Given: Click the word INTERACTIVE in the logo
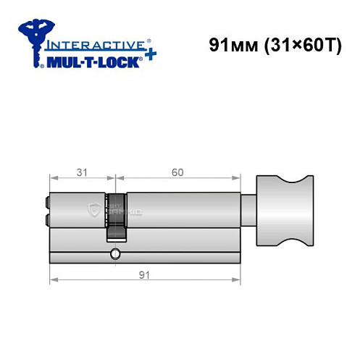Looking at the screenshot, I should click(x=93, y=44).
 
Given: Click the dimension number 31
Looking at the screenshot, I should click(x=81, y=172).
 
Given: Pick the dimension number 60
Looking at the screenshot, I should click(x=177, y=172).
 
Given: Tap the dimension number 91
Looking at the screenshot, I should click(x=145, y=274).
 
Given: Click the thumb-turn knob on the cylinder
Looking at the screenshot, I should click(x=284, y=210).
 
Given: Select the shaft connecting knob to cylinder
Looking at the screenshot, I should click(x=249, y=209).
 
